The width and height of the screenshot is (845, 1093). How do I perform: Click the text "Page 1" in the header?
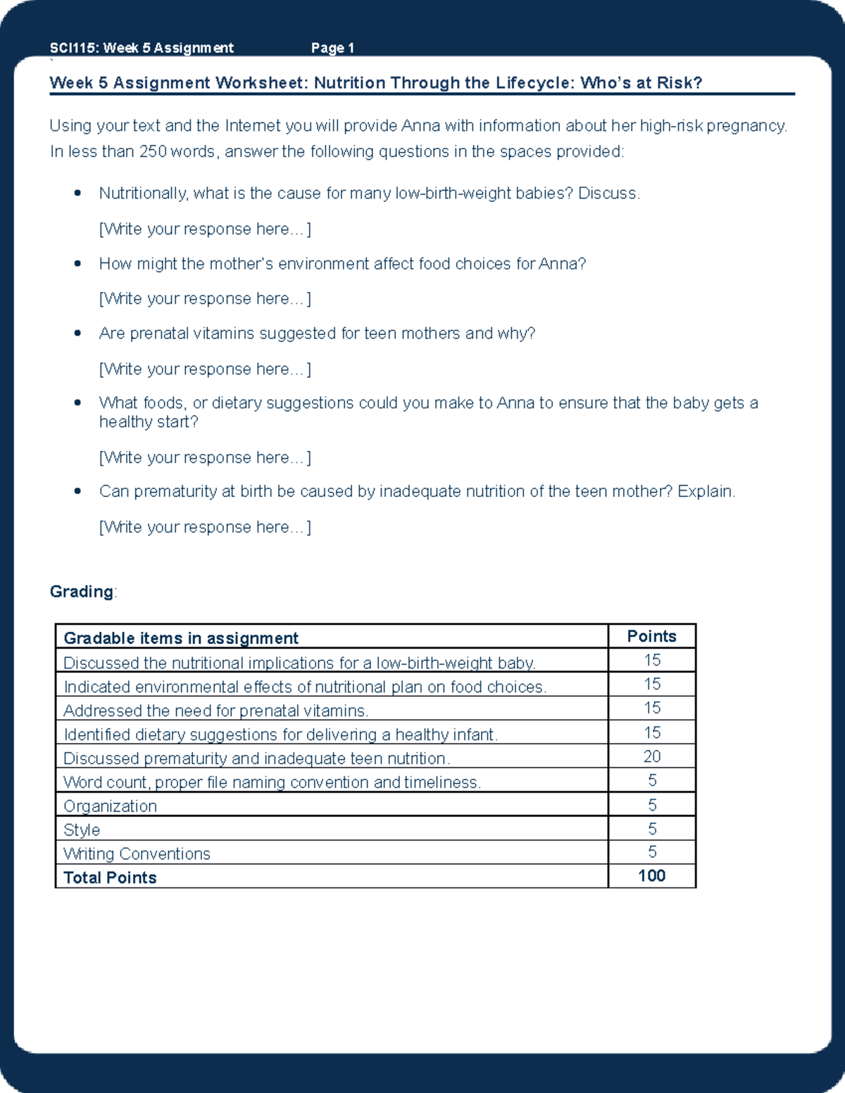pyautogui.click(x=332, y=48)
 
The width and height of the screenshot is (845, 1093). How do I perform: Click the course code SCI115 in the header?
pyautogui.click(x=73, y=48)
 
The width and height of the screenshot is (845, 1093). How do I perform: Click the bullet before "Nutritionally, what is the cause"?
pyautogui.click(x=77, y=193)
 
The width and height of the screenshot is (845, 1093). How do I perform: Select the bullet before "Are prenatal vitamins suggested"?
pyautogui.click(x=77, y=333)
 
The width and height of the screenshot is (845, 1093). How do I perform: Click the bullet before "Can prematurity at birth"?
pyautogui.click(x=77, y=491)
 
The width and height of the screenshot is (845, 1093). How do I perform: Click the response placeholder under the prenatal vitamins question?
pyautogui.click(x=205, y=369)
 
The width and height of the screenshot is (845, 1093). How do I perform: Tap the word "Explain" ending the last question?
pyautogui.click(x=706, y=491)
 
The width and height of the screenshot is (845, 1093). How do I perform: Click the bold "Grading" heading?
pyautogui.click(x=81, y=591)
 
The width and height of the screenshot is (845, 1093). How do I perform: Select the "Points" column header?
pyautogui.click(x=651, y=636)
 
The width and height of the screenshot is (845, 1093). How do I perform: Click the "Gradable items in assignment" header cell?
pyautogui.click(x=181, y=638)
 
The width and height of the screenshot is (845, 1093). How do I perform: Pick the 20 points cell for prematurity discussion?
pyautogui.click(x=652, y=757)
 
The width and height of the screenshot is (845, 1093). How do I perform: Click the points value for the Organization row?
pyautogui.click(x=652, y=804)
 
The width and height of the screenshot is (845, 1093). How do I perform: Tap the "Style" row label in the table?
pyautogui.click(x=82, y=830)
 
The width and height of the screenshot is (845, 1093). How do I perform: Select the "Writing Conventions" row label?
pyautogui.click(x=137, y=854)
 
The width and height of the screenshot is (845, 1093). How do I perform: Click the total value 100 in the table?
pyautogui.click(x=651, y=876)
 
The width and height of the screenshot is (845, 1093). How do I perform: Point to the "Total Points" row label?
pyautogui.click(x=110, y=878)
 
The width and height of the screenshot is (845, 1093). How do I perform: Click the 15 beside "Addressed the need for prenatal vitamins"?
pyautogui.click(x=652, y=708)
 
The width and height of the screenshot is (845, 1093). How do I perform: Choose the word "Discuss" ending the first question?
pyautogui.click(x=608, y=193)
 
